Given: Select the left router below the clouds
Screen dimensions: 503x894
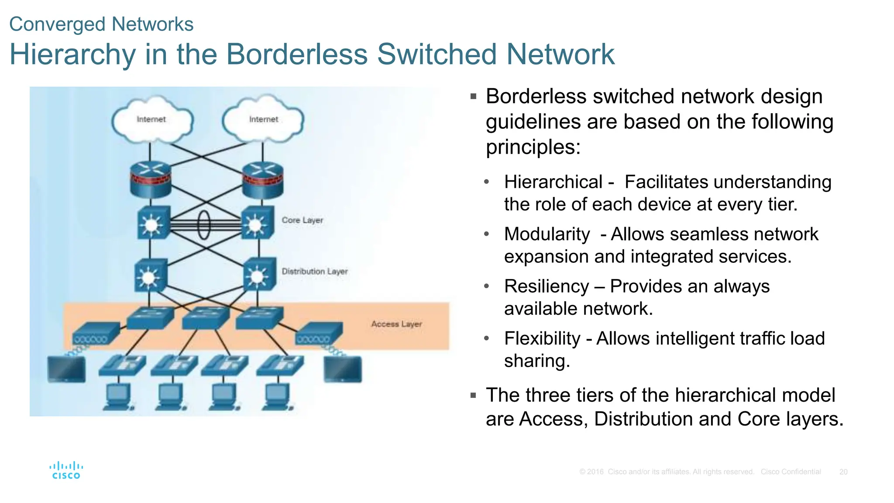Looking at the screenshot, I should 151,179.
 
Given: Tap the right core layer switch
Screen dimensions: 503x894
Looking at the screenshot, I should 258,223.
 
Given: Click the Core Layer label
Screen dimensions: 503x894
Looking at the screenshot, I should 302,220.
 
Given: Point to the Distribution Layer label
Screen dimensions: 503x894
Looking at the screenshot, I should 314,271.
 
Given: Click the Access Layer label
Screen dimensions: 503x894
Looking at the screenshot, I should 396,324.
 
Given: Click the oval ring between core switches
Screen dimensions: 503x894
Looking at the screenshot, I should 204,225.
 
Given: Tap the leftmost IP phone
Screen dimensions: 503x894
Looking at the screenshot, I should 123,365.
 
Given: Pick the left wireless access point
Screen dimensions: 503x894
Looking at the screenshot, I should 96,334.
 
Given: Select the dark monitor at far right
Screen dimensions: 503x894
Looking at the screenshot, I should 343,369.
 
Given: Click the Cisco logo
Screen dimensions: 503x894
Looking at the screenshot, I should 66,471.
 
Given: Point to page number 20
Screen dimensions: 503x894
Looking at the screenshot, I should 843,472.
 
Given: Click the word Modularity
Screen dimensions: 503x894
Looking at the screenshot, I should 547,234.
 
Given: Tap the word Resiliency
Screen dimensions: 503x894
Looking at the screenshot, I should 547,286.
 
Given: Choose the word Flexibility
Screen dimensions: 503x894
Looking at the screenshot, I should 542,338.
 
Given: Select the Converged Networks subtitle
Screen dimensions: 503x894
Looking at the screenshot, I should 101,24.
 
